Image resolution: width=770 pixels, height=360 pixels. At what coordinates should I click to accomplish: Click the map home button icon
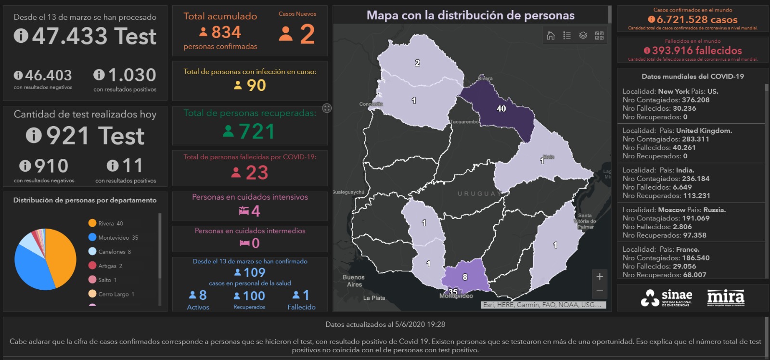pyautogui.click(x=551, y=36)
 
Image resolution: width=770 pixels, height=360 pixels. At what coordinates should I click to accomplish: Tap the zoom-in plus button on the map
pyautogui.click(x=600, y=276)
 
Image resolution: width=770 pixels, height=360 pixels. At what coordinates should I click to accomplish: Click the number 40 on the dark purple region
pyautogui.click(x=501, y=109)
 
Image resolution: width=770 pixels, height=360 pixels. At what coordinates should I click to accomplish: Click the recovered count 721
pyautogui.click(x=257, y=131)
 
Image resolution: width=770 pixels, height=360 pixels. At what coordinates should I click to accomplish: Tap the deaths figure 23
pyautogui.click(x=257, y=173)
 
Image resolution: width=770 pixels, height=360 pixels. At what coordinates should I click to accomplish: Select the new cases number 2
pyautogui.click(x=307, y=34)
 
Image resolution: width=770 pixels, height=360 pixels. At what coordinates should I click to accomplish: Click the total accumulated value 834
pyautogui.click(x=226, y=32)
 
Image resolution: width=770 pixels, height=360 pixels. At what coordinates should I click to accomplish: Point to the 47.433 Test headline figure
pyautogui.click(x=94, y=36)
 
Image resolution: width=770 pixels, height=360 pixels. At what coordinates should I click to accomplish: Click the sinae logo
pyautogui.click(x=667, y=297)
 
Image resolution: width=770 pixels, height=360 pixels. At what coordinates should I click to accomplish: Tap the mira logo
pyautogui.click(x=725, y=297)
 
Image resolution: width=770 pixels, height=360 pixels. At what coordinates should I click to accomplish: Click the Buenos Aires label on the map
pyautogui.click(x=354, y=281)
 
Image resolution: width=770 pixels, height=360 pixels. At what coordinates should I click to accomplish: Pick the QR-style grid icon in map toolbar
pyautogui.click(x=599, y=36)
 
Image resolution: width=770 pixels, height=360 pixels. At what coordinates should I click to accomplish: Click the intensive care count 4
pyautogui.click(x=256, y=211)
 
